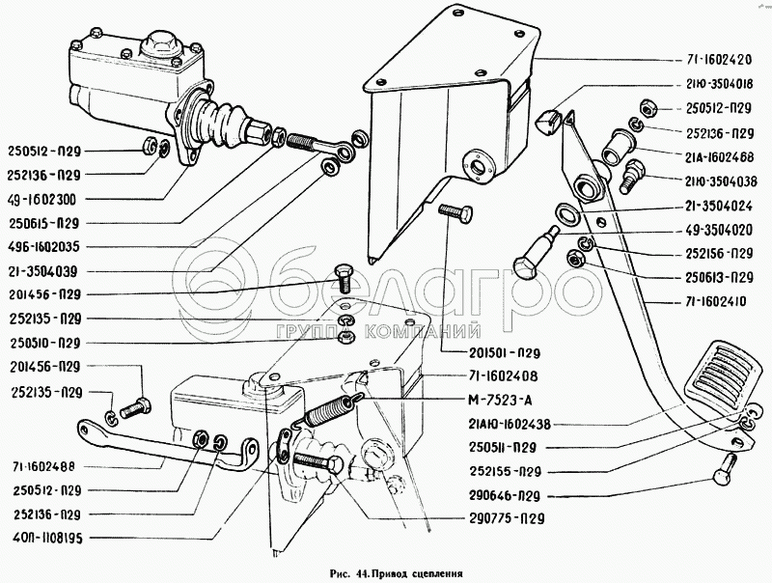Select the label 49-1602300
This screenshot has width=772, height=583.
pos(41,200)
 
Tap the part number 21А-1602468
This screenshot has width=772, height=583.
pos(720,157)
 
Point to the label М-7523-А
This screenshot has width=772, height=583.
pos(500,400)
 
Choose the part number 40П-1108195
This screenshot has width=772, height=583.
pos(45,539)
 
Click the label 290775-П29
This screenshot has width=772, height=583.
pos(507,518)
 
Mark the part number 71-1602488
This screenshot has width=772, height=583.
pos(44,466)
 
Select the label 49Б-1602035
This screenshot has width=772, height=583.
pos(43,247)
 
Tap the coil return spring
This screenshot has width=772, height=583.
pos(328,409)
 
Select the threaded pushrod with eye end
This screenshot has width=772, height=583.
pos(320,146)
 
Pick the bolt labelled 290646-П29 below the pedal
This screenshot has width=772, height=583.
pos(724,468)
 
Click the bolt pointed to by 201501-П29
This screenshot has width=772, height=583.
pos(455,212)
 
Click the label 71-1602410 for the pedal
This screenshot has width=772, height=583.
pos(714,301)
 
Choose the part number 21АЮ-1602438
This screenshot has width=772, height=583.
pos(510,424)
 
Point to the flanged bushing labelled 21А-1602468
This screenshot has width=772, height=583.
pos(618,146)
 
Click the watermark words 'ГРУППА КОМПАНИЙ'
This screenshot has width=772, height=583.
pos(378,331)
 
